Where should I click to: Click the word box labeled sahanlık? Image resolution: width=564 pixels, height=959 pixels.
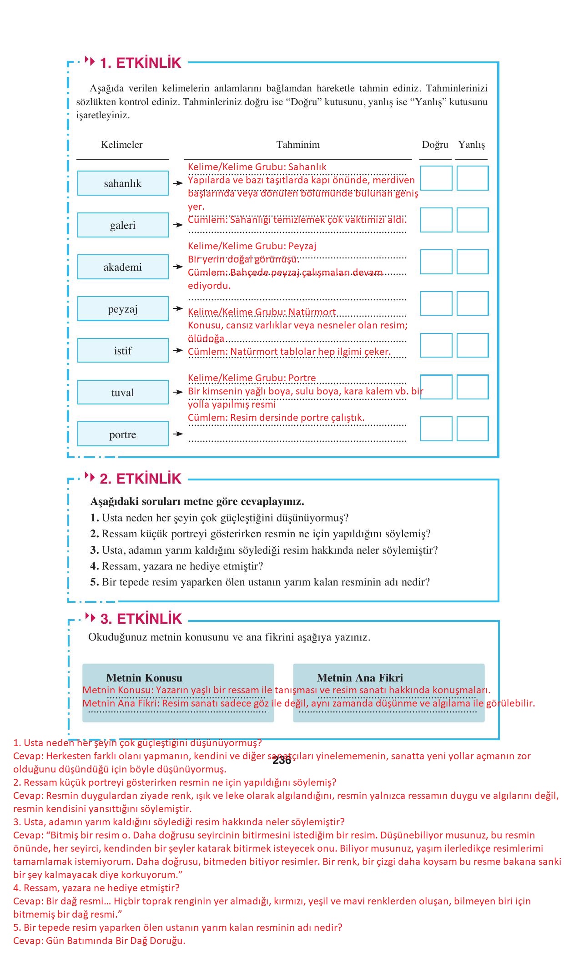pos(123,183)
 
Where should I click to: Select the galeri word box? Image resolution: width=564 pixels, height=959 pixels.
pos(123,225)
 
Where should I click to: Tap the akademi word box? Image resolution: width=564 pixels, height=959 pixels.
pos(123,267)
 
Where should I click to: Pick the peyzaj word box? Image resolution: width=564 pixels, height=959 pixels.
pos(123,309)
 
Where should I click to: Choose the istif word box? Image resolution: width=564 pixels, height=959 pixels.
pos(123,351)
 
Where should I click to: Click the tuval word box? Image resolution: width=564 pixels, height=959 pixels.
pos(123,393)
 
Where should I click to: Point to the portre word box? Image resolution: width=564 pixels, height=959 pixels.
pos(123,434)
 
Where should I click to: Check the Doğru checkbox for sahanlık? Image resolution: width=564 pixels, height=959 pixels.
pos(436,178)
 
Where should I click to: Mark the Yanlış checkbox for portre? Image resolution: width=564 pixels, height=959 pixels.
pos(473,429)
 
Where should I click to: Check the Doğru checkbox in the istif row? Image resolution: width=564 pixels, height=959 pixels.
pos(436,345)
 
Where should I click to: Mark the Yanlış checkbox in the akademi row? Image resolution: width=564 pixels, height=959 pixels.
pos(473,262)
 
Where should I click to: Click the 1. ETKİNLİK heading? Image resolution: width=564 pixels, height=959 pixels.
pos(140,63)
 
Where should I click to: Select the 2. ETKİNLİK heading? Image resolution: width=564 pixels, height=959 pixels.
pos(140,479)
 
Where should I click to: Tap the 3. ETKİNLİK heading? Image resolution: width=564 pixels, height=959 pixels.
pos(141,619)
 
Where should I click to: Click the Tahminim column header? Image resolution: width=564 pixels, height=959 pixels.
pos(298,145)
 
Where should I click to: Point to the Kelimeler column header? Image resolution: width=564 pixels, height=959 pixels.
pos(122,145)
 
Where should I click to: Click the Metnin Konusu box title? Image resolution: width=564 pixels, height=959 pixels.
pos(144,677)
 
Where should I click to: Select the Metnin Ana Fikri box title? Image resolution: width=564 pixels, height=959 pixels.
pos(360,677)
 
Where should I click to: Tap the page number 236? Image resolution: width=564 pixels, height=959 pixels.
pos(282,760)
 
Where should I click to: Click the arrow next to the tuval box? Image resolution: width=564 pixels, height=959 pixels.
pos(178,392)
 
